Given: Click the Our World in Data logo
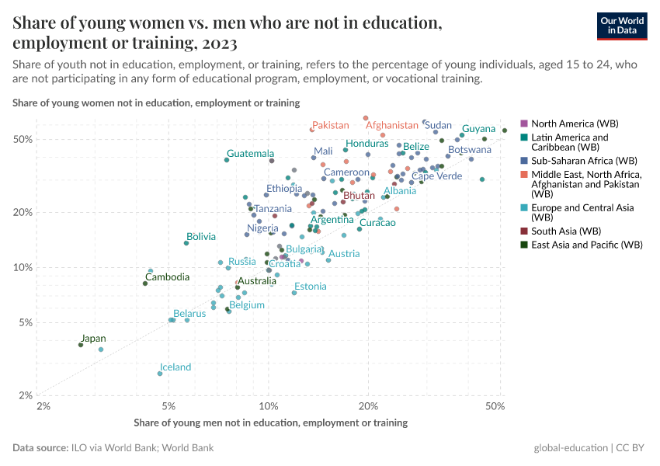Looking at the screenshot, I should (x=622, y=25).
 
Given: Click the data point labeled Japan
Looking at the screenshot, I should (x=81, y=344).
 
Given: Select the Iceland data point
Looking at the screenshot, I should (x=160, y=374).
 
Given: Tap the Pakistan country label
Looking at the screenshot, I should (x=330, y=125).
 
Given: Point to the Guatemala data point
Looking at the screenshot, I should (x=227, y=160).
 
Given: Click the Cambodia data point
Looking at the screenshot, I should (x=145, y=283).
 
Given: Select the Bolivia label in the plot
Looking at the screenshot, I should (x=200, y=236).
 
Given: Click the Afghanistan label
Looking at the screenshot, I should (x=391, y=125).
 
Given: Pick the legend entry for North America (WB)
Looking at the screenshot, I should (x=575, y=123).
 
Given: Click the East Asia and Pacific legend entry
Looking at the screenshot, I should (x=586, y=245).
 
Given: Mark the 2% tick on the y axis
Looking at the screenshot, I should (x=24, y=395).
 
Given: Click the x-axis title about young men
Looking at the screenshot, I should (x=270, y=423).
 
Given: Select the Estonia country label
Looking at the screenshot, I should (x=310, y=287).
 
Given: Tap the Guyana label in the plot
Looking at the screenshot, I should (x=478, y=129).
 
